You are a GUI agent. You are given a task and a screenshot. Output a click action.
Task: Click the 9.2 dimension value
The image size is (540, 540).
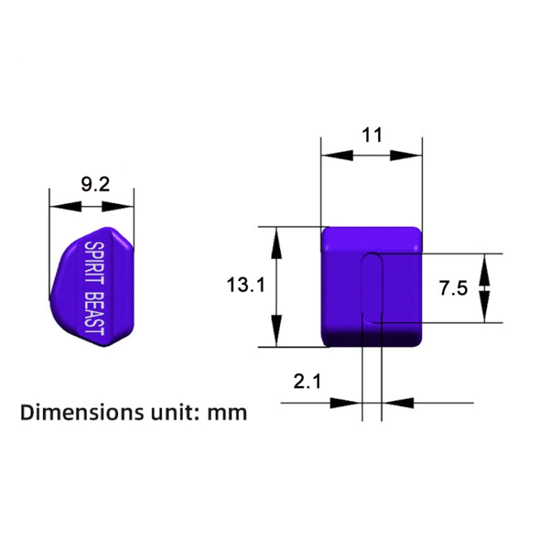pyautogui.click(x=94, y=185)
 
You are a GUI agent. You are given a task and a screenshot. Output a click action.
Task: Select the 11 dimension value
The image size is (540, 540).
pyautogui.click(x=372, y=135)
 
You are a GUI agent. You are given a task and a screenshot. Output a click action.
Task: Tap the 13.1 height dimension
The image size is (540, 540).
pyautogui.click(x=246, y=285)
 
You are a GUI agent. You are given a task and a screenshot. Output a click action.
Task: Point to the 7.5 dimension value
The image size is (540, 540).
pyautogui.click(x=454, y=289)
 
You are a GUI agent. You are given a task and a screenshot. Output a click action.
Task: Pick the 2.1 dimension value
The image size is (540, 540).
pyautogui.click(x=307, y=382)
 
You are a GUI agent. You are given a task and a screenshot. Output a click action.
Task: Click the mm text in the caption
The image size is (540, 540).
pyautogui.click(x=228, y=414)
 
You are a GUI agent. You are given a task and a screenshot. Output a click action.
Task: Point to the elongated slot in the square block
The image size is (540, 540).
pyautogui.click(x=372, y=287)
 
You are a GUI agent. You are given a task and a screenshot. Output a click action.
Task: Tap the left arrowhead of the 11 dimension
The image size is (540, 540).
pyautogui.click(x=333, y=155)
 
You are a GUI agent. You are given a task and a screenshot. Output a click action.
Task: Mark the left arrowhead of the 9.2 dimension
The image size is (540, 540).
pyautogui.click(x=61, y=207)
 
